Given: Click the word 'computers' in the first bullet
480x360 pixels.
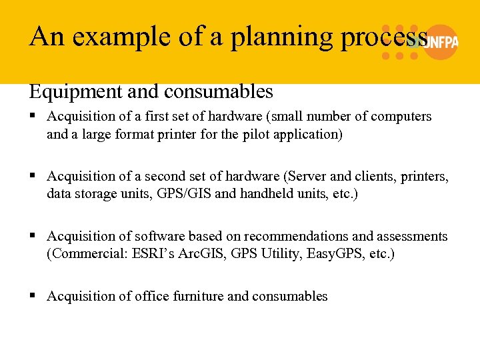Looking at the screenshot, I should pyautogui.click(x=402, y=117).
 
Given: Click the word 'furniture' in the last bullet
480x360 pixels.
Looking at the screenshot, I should pyautogui.click(x=197, y=297).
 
